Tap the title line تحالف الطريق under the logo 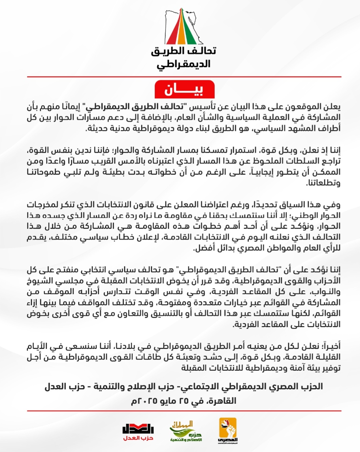pos(184,51)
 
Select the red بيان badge pos(184,89)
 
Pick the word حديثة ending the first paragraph pos(98,129)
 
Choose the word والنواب pos(327,292)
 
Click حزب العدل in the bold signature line pos(65,387)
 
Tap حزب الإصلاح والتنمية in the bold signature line pos(135,387)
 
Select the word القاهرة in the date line pos(222,401)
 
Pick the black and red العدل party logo pos(138,432)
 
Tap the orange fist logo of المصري pos(228,431)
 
